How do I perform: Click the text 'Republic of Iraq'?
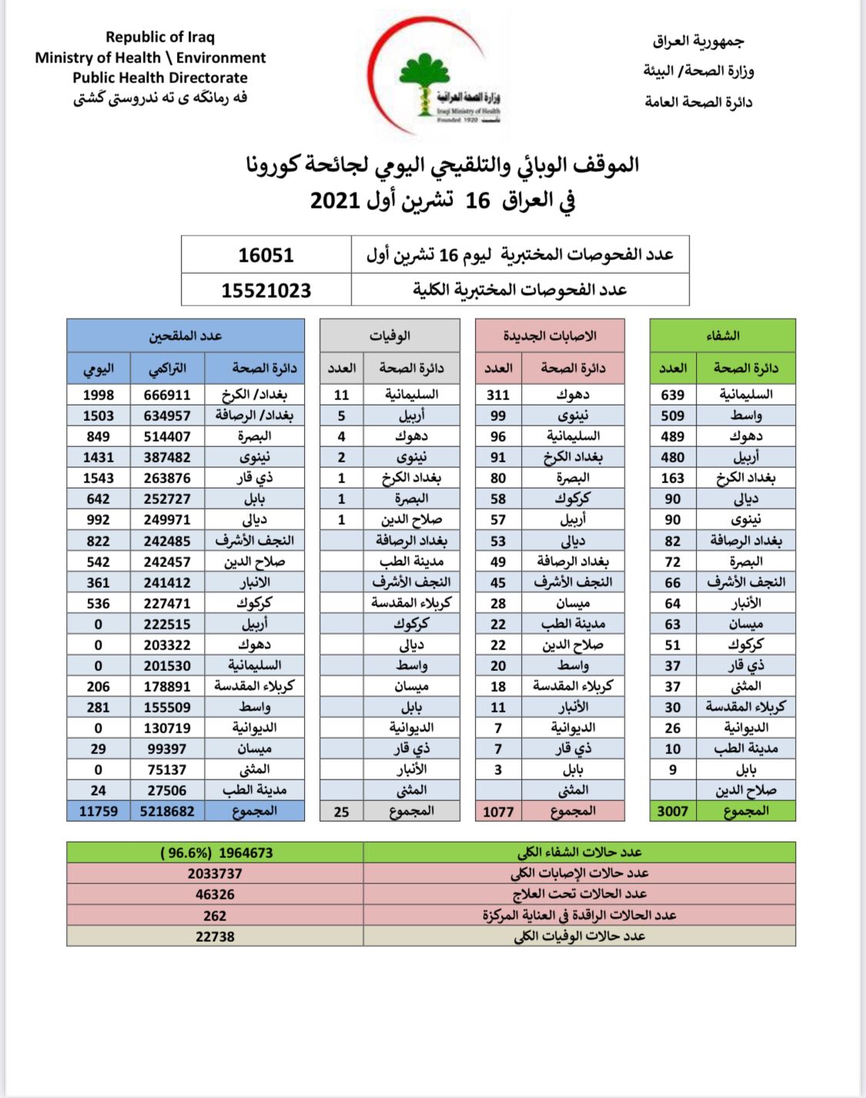click(x=160, y=37)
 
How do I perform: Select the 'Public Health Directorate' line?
click(x=160, y=78)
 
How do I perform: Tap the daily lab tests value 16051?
click(x=266, y=255)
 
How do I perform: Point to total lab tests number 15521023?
click(x=266, y=291)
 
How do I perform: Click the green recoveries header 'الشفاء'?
click(x=722, y=335)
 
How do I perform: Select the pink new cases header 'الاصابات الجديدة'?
click(x=550, y=335)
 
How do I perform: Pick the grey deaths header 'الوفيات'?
click(x=390, y=335)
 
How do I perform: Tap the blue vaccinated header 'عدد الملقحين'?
click(x=186, y=335)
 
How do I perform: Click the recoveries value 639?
click(x=672, y=395)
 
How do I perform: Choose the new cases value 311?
click(x=498, y=395)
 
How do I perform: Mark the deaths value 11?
click(x=342, y=395)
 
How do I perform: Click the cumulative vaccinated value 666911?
click(x=167, y=395)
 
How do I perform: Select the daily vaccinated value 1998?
click(x=99, y=395)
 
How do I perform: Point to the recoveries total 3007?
click(x=672, y=811)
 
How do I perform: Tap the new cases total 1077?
click(x=498, y=812)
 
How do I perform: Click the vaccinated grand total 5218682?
click(x=167, y=811)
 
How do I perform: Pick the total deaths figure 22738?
click(x=215, y=936)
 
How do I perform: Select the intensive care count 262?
click(x=215, y=916)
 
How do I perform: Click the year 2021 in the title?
click(x=335, y=201)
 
